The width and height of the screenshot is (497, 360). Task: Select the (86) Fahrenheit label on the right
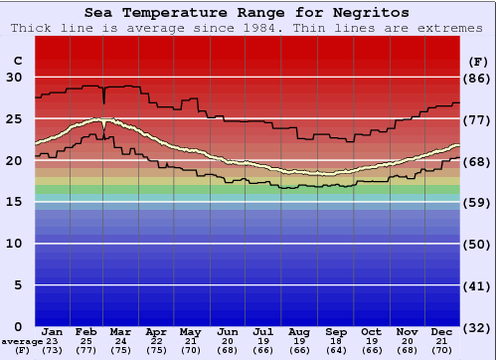tap(478, 78)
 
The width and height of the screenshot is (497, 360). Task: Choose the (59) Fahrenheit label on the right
tap(478, 203)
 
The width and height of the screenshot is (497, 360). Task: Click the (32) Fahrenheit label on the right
tap(478, 328)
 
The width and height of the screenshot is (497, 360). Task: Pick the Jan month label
tap(53, 331)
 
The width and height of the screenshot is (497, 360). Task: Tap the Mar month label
tap(120, 331)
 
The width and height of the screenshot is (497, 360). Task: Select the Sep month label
tap(336, 331)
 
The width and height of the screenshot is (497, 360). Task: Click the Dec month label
tap(442, 331)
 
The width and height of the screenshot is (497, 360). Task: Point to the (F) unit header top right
tap(478, 61)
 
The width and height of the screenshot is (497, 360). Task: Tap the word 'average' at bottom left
tap(22, 341)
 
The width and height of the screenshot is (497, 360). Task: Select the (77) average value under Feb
tap(86, 350)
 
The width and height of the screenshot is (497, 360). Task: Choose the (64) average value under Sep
tap(336, 350)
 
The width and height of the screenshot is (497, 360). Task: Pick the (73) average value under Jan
tap(53, 350)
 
